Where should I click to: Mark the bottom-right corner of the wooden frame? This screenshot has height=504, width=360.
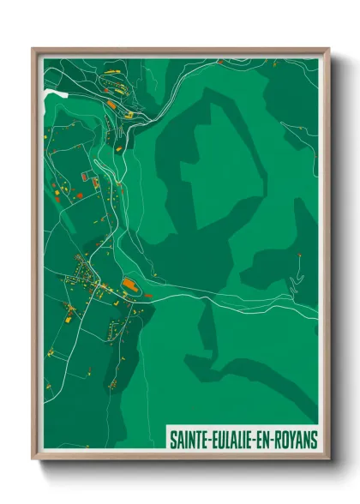(x=328, y=459)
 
